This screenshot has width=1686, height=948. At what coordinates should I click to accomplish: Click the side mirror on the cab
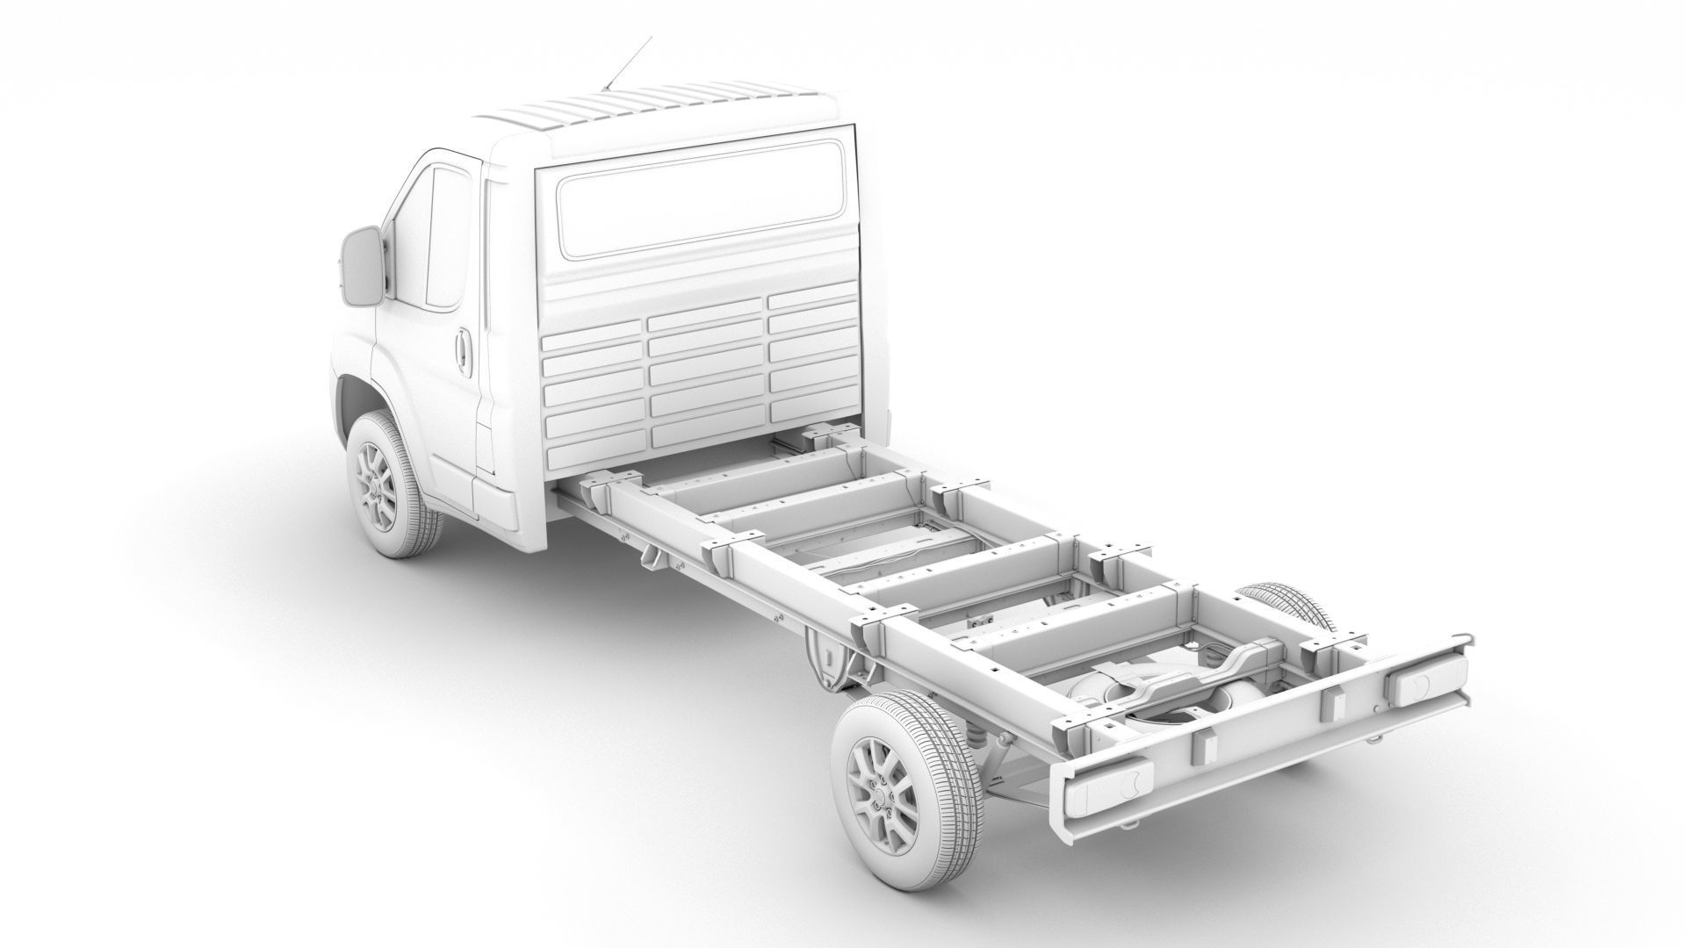click(x=361, y=265)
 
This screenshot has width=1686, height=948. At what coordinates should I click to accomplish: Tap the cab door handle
click(x=462, y=348)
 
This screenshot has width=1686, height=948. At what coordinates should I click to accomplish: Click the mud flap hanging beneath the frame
click(x=825, y=658)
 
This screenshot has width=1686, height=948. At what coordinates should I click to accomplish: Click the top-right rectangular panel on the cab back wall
click(x=811, y=300)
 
